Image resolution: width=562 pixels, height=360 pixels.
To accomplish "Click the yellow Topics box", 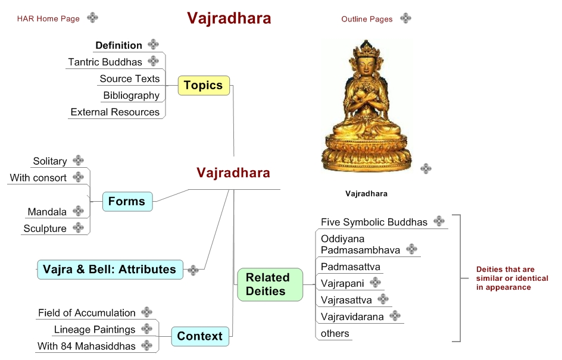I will (204, 86).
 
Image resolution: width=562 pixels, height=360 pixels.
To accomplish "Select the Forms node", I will (127, 202).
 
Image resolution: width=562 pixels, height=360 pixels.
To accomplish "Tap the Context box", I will (199, 336).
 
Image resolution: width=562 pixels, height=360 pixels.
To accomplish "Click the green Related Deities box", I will (267, 284).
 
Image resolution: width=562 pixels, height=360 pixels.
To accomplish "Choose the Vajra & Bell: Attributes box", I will (110, 270).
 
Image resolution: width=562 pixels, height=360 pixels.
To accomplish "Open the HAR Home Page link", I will (48, 18).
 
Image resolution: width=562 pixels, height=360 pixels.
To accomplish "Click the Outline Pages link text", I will (367, 19).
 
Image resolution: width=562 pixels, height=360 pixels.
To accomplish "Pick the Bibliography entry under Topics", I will (131, 95).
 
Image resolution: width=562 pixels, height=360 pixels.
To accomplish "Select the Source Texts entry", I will (129, 79).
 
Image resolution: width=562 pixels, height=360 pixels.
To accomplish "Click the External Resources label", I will (115, 112).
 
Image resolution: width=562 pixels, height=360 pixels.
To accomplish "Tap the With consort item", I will (38, 178).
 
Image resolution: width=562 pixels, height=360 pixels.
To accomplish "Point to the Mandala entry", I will (47, 212).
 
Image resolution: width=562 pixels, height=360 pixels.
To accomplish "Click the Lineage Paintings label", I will (95, 330).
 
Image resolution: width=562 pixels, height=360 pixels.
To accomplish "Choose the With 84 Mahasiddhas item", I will (86, 346).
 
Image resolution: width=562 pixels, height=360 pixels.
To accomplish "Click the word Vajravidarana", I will (352, 317).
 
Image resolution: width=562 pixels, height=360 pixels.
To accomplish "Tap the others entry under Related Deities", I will (335, 333).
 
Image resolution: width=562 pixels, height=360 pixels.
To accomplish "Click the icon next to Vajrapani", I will (375, 283).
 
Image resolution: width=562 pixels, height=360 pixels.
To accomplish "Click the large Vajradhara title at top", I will (229, 18).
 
